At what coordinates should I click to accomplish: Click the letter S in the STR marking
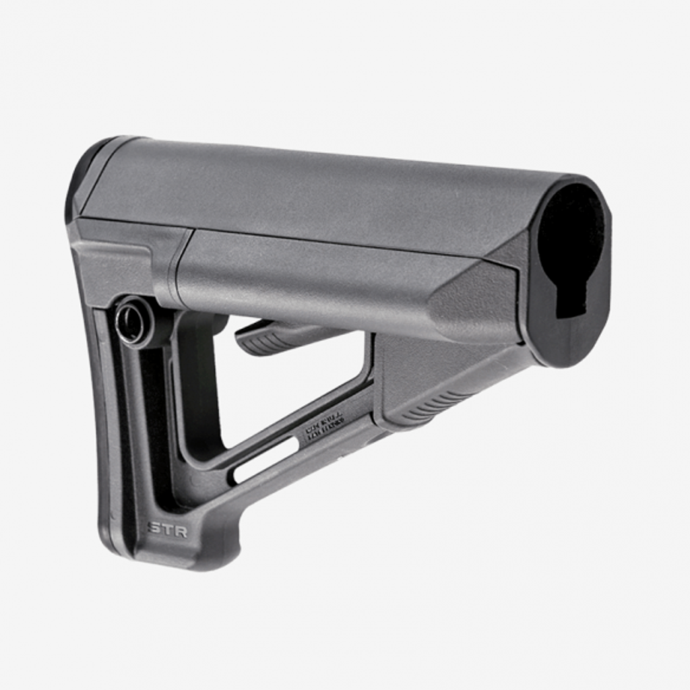coord(154,528)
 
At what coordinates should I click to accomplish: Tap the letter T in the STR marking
coord(167,529)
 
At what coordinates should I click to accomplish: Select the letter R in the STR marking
coord(180,531)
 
